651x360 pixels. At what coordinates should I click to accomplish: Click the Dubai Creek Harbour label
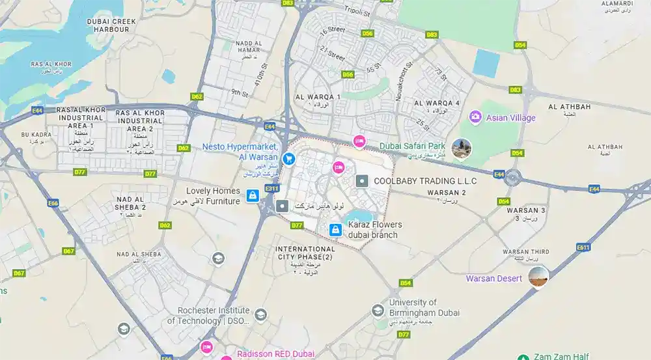[x=111, y=25]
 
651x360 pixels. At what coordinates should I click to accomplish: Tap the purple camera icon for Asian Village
[x=475, y=117]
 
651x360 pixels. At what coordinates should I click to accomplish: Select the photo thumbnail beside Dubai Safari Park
[x=461, y=148]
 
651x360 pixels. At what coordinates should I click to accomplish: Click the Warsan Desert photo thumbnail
[x=538, y=277]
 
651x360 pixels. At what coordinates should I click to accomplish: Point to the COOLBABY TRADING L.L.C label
[x=425, y=181]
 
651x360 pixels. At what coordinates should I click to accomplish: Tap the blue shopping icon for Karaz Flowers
[x=335, y=230]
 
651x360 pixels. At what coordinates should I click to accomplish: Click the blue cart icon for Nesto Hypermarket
[x=288, y=158]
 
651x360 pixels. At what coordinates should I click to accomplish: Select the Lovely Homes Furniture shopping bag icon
[x=251, y=195]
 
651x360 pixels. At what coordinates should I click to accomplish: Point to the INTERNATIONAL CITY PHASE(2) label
[x=305, y=253]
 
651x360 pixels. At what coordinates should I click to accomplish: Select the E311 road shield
[x=271, y=189]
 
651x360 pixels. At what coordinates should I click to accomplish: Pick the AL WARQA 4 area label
[x=437, y=103]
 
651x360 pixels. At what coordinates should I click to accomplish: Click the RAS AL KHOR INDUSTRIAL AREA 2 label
[x=139, y=120]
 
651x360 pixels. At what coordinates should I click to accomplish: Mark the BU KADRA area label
[x=36, y=135]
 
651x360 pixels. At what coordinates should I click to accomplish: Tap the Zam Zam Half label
[x=561, y=356]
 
